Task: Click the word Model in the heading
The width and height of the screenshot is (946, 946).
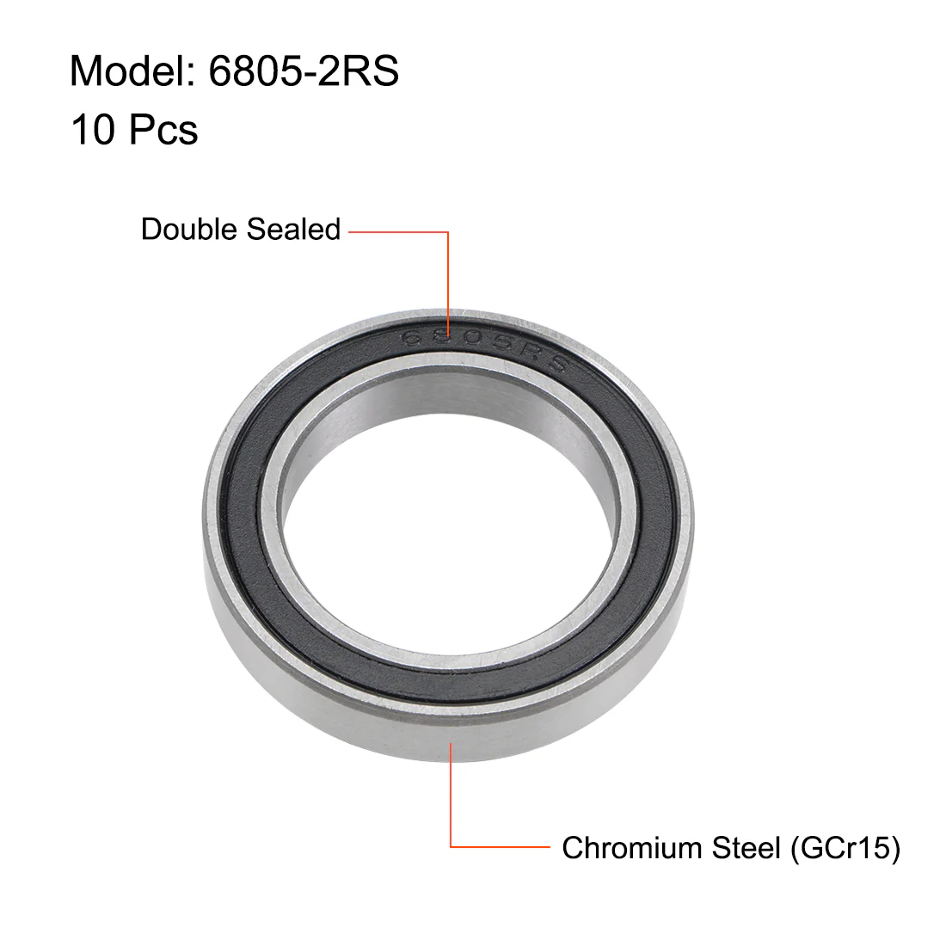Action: [128, 71]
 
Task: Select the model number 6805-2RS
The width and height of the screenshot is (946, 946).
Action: [304, 71]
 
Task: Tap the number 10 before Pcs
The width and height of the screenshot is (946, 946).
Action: [93, 130]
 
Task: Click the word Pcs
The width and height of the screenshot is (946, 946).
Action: [163, 130]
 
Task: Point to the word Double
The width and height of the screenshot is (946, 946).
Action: [189, 230]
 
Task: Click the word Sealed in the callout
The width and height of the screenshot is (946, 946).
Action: [293, 230]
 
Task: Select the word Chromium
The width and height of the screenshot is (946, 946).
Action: [632, 848]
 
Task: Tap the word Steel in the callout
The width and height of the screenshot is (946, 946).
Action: [746, 848]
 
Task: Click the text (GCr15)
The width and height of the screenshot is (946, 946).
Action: [846, 848]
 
